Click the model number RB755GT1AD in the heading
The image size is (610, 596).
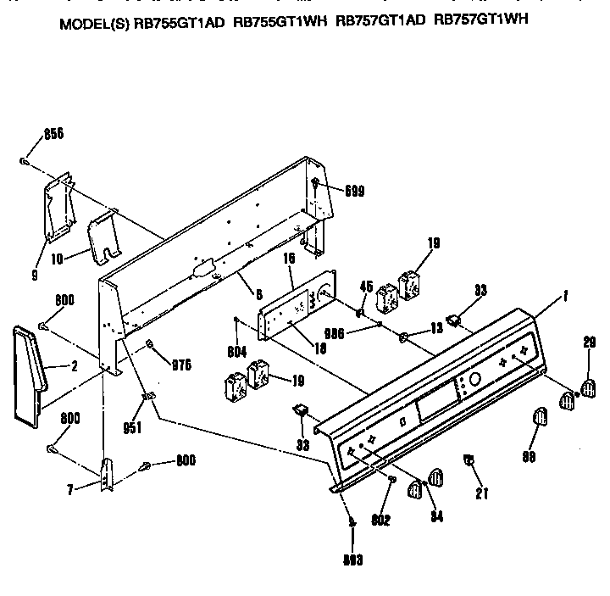coord(179,24)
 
